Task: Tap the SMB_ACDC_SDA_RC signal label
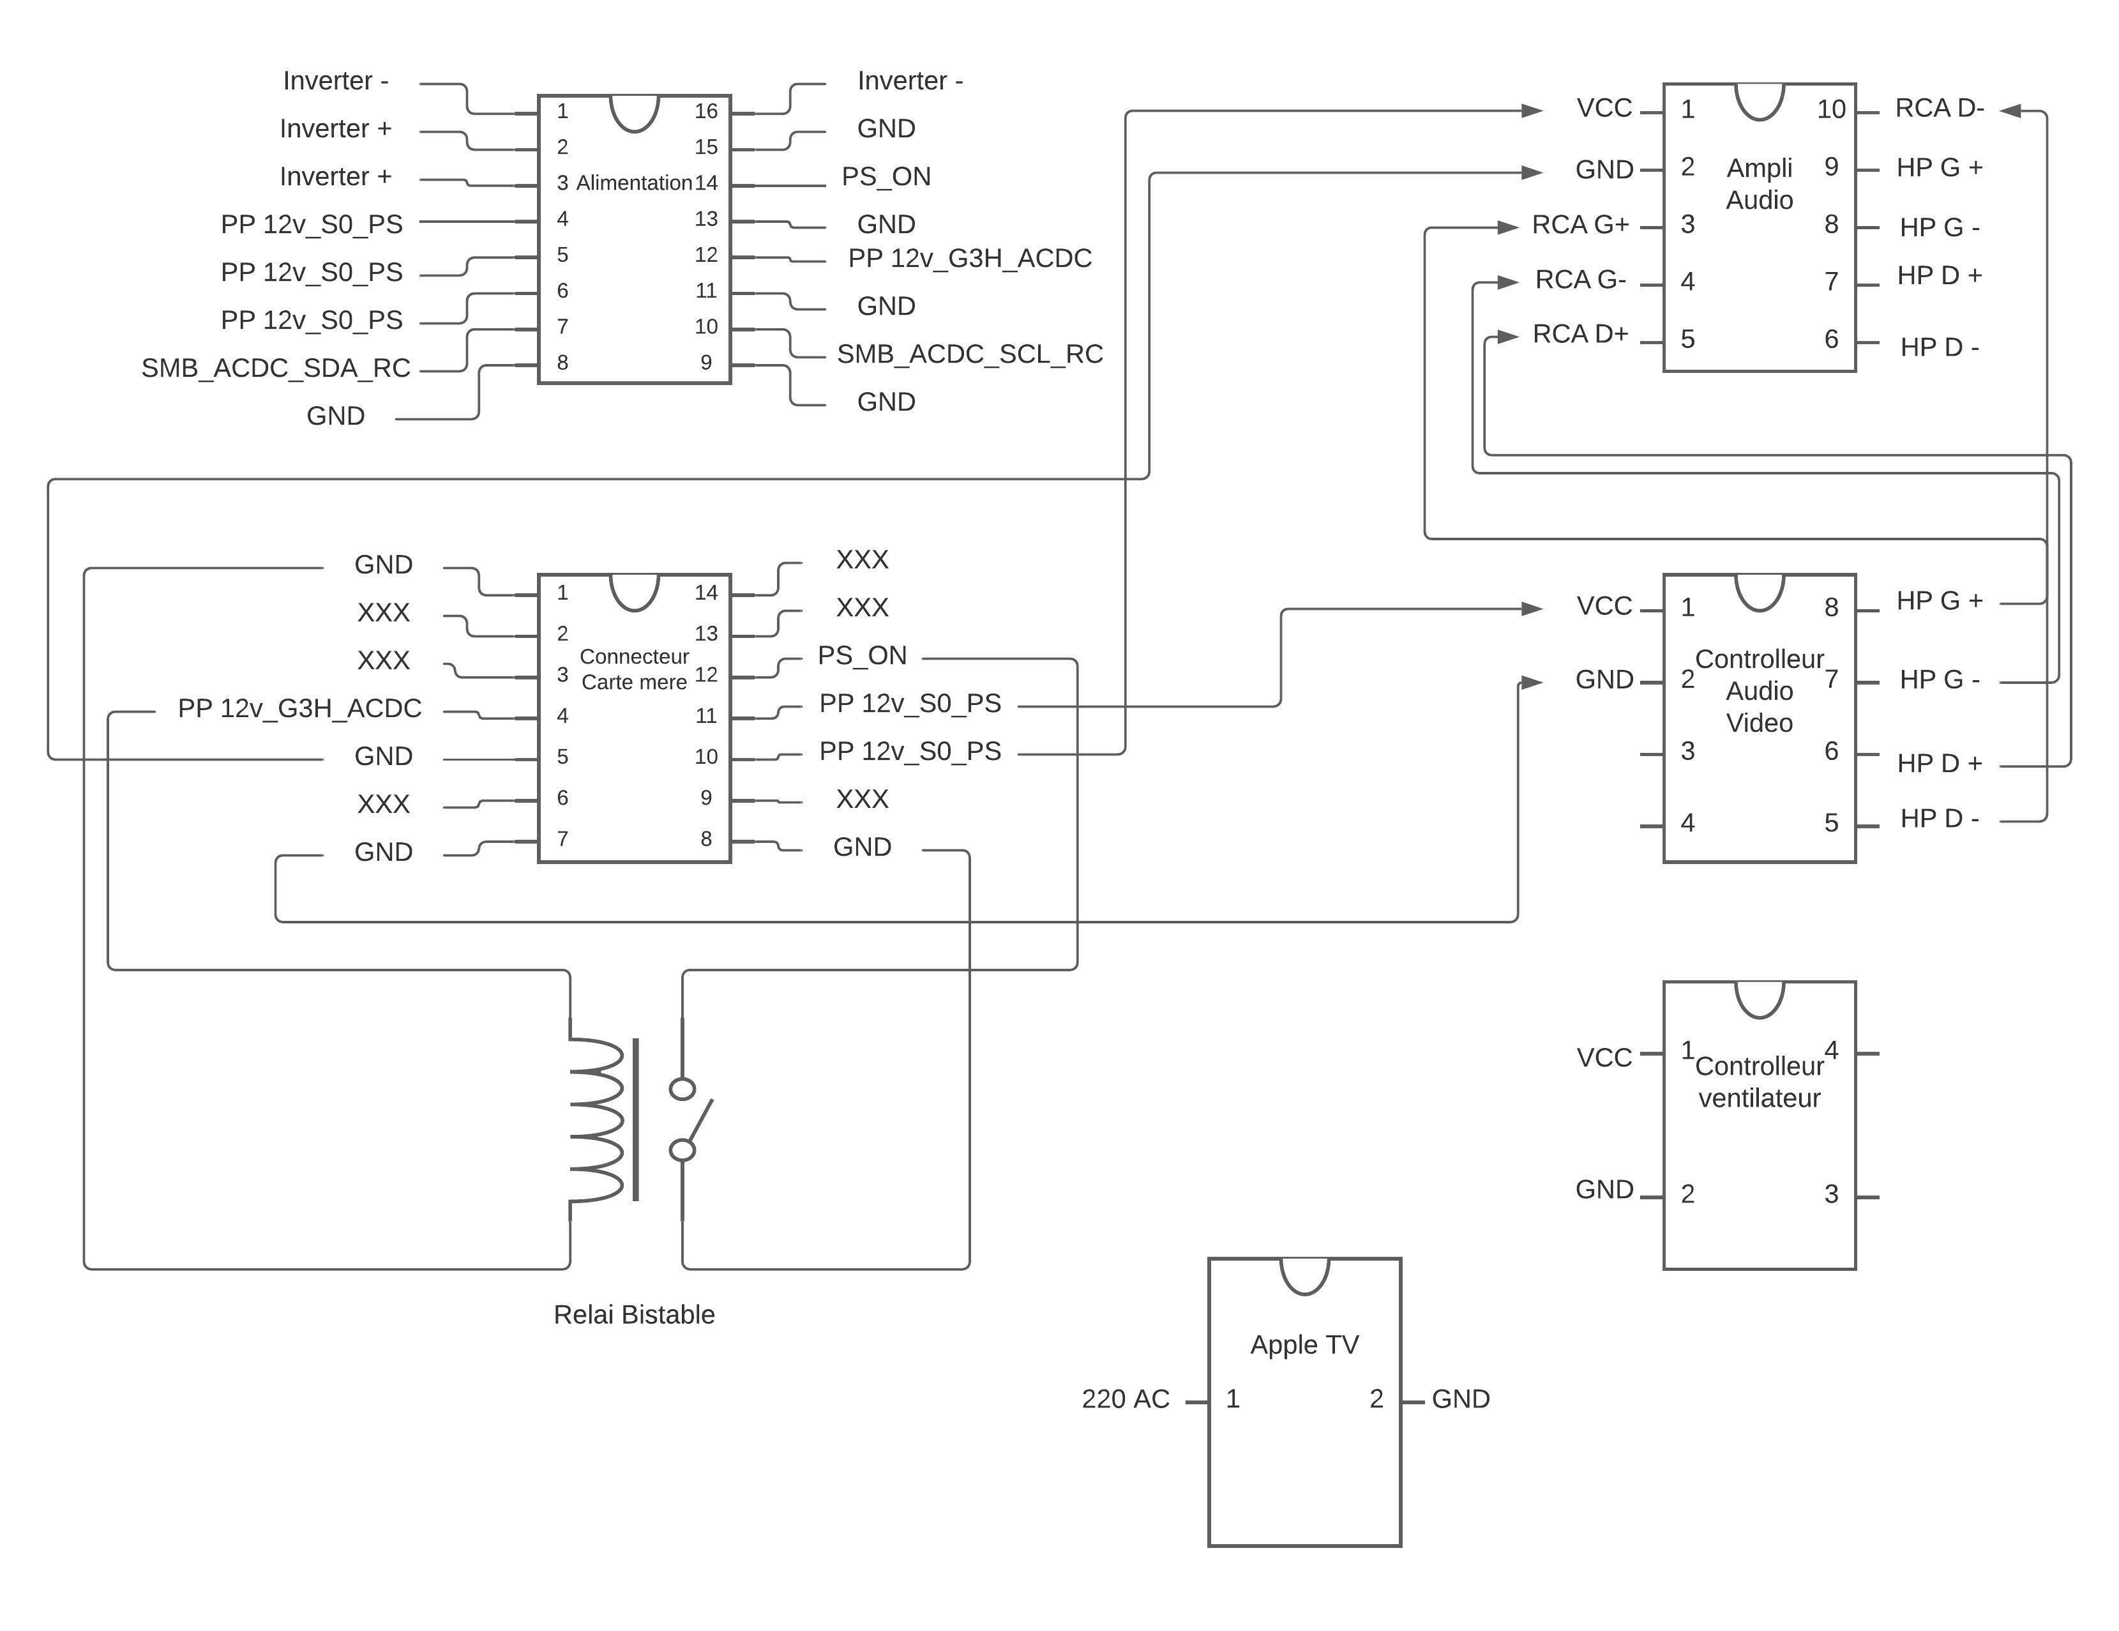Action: coord(276,368)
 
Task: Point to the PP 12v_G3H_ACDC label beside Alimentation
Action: coord(969,258)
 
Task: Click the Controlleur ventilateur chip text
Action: coord(1758,1082)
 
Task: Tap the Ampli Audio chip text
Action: coord(1758,183)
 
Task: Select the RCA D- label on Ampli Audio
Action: coord(1938,108)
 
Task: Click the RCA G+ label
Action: coord(1580,224)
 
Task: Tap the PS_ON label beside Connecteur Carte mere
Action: coord(861,655)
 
